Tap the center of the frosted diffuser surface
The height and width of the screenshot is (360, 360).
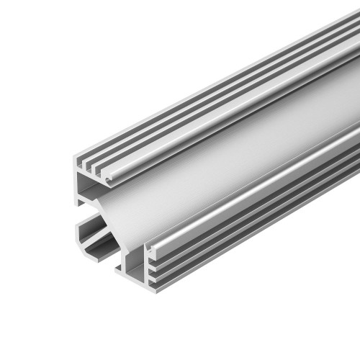click(238, 158)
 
